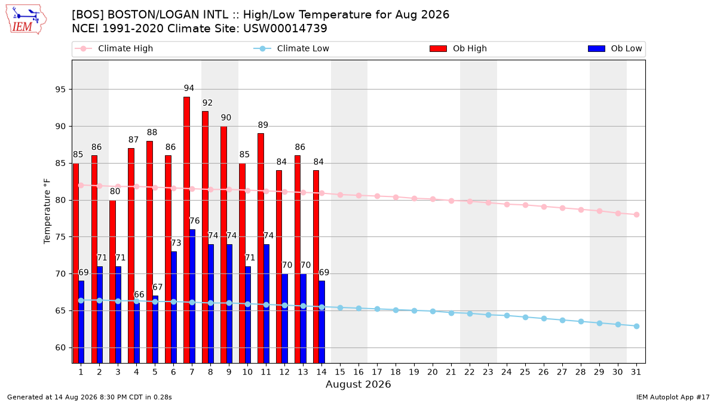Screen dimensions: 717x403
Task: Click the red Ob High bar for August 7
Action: pos(186,230)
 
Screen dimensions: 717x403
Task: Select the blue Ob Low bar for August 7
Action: pos(192,296)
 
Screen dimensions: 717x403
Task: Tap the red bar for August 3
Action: pos(113,281)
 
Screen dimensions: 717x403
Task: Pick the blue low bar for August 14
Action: pos(322,322)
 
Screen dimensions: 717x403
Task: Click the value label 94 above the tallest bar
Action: pos(189,88)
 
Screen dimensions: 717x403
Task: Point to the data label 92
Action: pos(207,103)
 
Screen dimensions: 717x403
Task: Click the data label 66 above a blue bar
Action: pos(139,294)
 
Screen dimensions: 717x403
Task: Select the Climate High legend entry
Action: pos(114,48)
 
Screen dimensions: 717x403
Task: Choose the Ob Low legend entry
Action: pos(615,48)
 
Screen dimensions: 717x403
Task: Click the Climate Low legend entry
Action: pos(292,48)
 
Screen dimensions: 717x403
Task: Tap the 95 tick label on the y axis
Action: pos(60,89)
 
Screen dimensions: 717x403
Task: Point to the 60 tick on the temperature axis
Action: pos(60,347)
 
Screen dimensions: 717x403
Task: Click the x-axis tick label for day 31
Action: pos(636,372)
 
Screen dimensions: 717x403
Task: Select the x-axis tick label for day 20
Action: pos(433,372)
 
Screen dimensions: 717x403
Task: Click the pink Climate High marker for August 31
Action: pos(637,214)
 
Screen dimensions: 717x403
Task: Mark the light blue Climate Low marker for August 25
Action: pos(525,317)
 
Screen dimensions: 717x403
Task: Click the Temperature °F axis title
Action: pos(47,211)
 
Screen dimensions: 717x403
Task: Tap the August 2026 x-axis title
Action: pos(358,384)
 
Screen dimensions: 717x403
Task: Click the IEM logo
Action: pos(26,20)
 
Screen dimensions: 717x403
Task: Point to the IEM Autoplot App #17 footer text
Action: pos(673,397)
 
